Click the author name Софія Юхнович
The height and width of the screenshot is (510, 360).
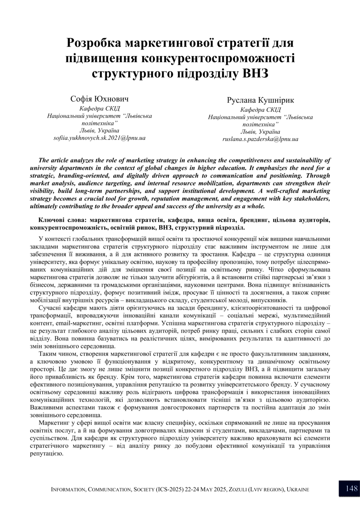click(x=99, y=99)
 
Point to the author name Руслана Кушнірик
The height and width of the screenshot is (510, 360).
click(x=260, y=100)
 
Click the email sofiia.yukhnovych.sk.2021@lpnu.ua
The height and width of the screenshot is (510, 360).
click(x=99, y=138)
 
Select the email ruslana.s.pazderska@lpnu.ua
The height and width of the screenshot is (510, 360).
click(x=260, y=139)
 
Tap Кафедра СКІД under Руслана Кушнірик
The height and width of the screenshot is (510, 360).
click(x=260, y=109)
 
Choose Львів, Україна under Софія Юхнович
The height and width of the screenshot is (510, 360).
click(x=99, y=130)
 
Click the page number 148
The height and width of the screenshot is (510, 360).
click(x=352, y=489)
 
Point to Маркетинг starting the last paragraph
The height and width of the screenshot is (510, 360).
click(x=54, y=423)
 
